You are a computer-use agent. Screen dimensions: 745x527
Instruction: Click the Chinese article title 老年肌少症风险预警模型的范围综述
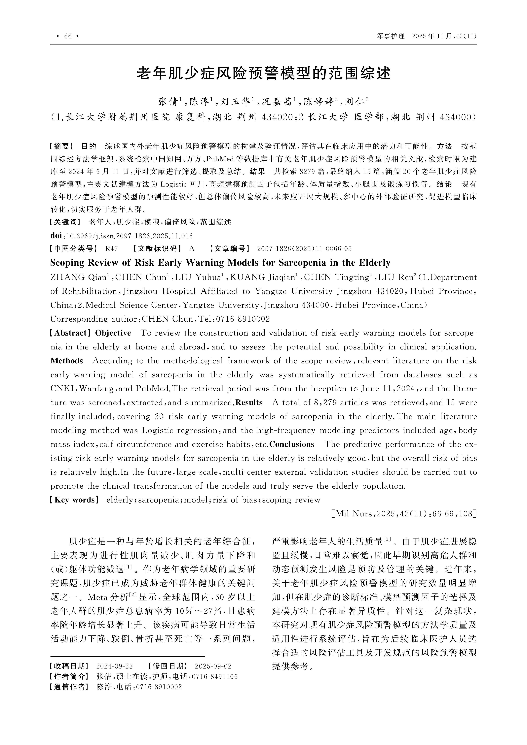tap(263, 74)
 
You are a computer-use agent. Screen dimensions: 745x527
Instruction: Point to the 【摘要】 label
tap(62, 146)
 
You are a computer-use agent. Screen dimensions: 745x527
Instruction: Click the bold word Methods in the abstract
tap(67, 361)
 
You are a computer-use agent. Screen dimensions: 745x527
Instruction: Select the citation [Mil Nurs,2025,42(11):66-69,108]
tap(404, 514)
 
